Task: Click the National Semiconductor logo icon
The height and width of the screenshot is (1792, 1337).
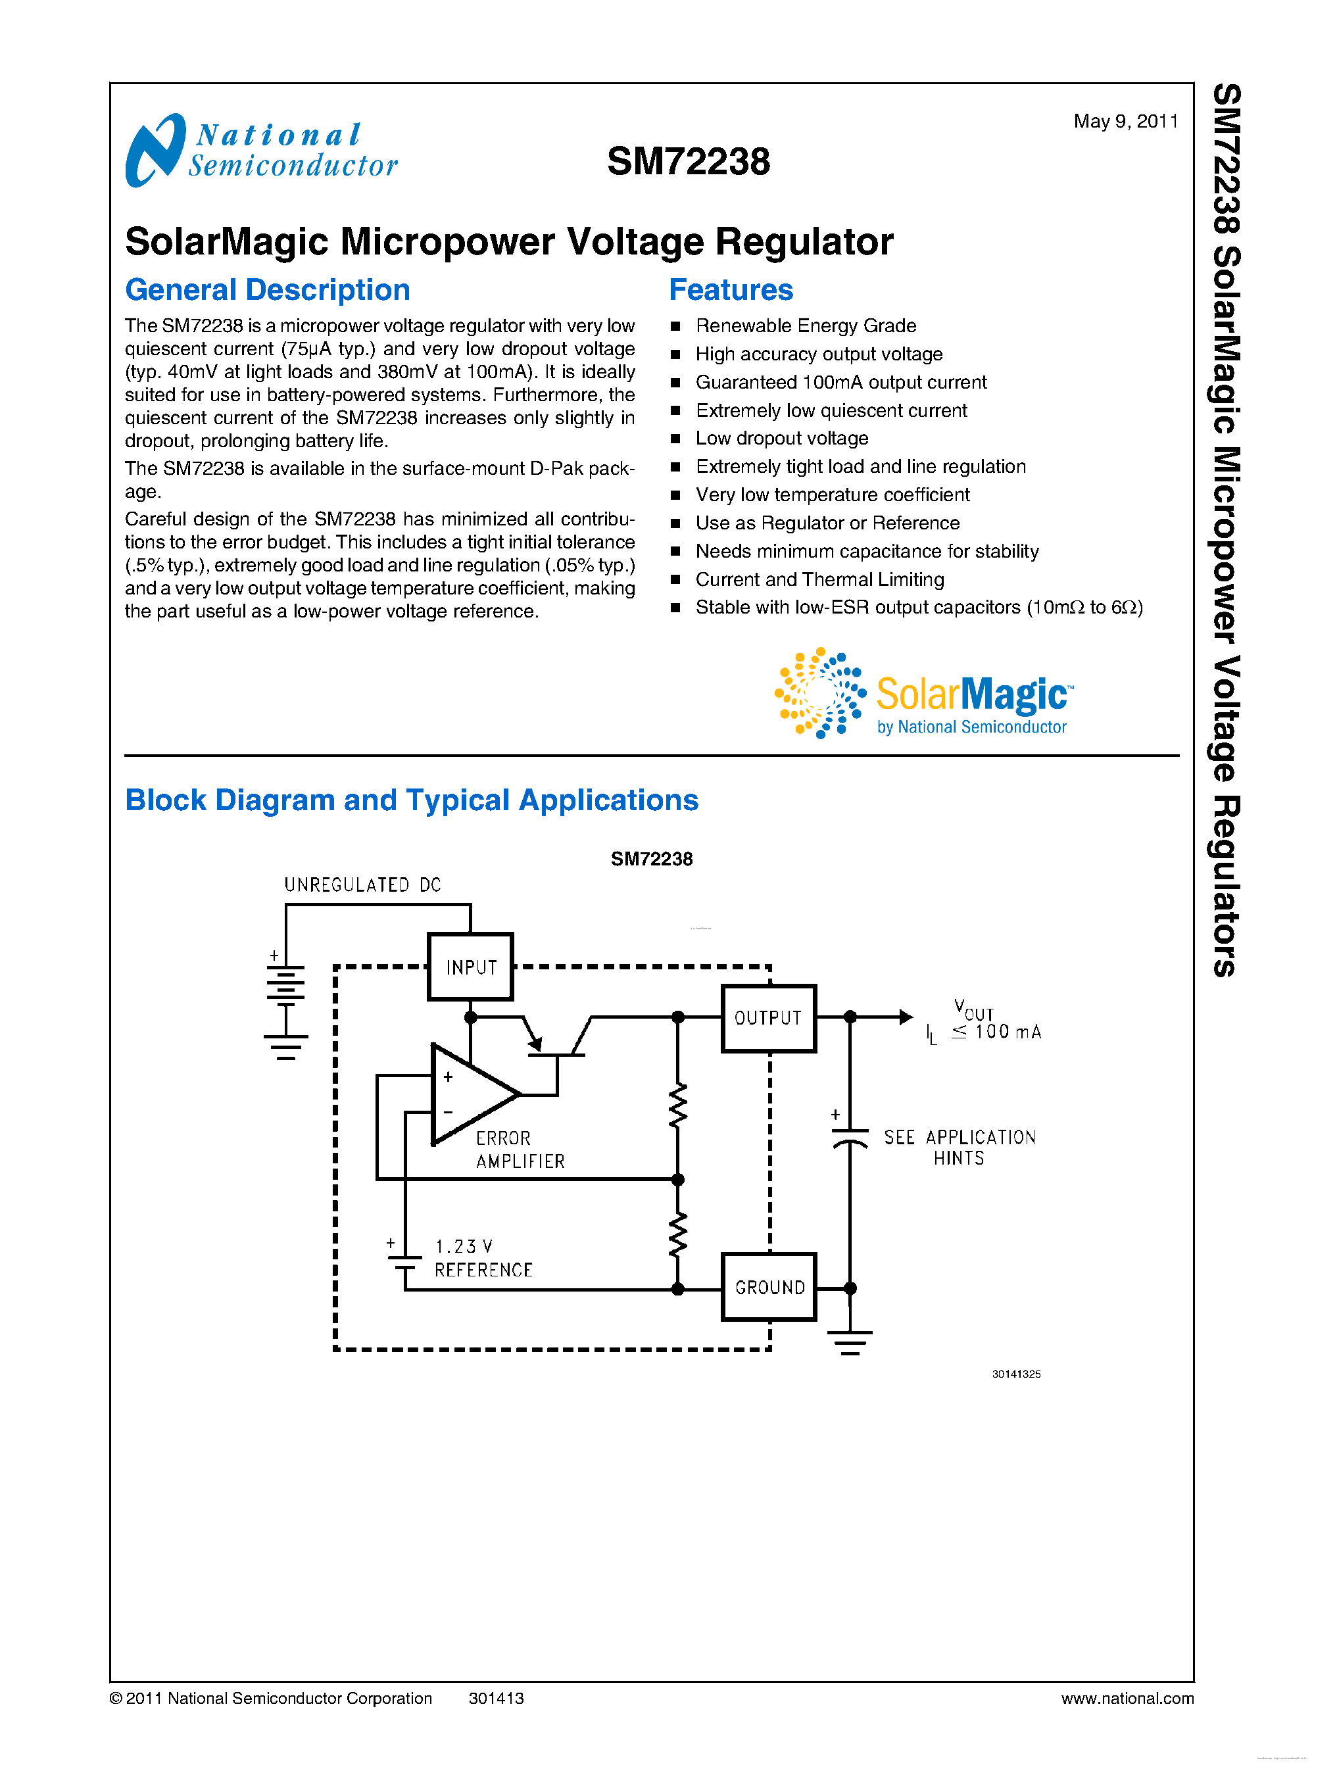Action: point(155,150)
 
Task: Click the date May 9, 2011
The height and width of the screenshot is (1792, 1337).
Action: point(1125,122)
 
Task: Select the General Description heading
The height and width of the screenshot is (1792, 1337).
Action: point(267,290)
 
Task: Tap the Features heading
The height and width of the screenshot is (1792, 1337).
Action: point(731,290)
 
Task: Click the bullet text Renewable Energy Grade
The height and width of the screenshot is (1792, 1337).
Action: point(805,326)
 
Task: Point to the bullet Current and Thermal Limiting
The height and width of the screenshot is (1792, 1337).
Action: point(819,579)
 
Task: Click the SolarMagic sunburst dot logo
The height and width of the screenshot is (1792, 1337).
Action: point(819,693)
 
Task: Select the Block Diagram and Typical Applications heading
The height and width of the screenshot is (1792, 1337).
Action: point(411,800)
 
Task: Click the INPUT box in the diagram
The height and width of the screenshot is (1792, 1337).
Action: point(470,967)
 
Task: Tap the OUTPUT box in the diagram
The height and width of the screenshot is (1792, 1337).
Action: point(768,1017)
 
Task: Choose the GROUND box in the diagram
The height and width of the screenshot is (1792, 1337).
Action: point(769,1287)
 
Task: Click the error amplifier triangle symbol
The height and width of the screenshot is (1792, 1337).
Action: point(470,1094)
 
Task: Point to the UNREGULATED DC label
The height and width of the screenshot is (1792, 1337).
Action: point(362,884)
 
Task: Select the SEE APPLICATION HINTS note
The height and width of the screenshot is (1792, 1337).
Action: point(959,1148)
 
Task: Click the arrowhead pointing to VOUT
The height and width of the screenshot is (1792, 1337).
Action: point(906,1017)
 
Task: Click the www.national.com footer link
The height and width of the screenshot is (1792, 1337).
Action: point(1127,1698)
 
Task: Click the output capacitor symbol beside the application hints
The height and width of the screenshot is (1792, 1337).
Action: point(850,1136)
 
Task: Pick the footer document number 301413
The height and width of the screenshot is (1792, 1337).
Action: point(496,1698)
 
